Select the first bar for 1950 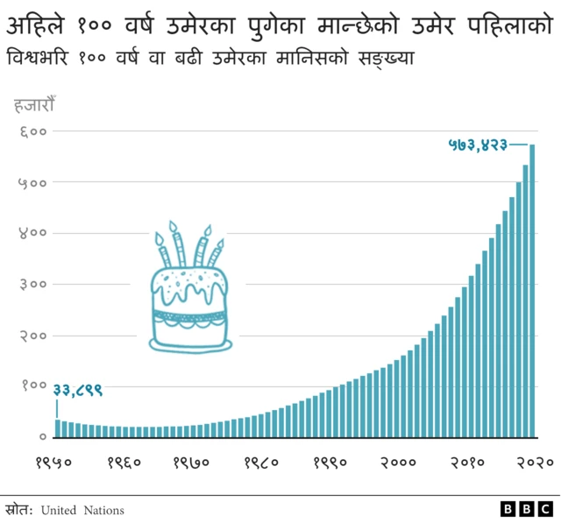coord(58,428)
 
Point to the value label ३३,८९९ coord(78,390)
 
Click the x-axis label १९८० coord(261,462)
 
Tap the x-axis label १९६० coord(124,462)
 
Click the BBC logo coord(527,509)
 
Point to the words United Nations coord(82,510)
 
